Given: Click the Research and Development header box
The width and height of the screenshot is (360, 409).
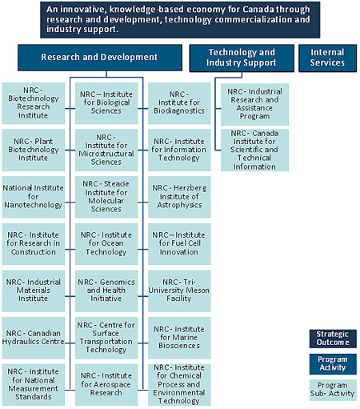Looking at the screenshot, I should (x=99, y=58).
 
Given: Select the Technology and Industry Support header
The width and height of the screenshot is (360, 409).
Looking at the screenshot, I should (x=241, y=58).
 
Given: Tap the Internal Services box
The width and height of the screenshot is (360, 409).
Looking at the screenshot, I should (x=327, y=58).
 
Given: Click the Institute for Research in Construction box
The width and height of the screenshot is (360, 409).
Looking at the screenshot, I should (x=34, y=244).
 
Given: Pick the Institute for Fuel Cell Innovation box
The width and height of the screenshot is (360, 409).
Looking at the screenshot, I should (x=180, y=244).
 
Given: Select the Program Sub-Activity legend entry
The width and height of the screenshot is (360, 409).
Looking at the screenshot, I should (x=332, y=390).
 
